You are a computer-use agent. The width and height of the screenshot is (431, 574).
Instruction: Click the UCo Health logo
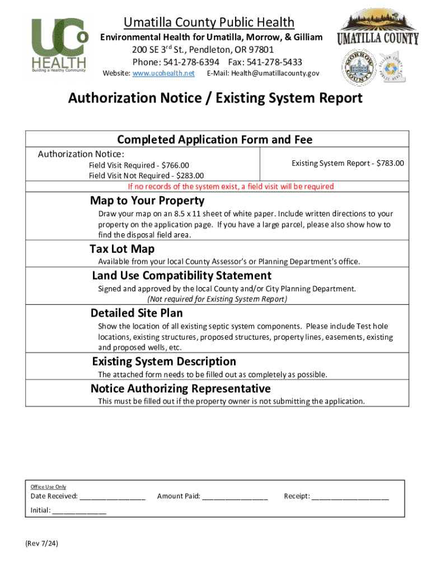pos(59,45)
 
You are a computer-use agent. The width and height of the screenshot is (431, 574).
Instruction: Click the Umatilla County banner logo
pos(378,31)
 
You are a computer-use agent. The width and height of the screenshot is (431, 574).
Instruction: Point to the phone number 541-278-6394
pos(191,62)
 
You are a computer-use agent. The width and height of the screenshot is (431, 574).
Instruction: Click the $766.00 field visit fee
pos(175,165)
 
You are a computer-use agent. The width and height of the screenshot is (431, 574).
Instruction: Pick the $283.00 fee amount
pos(190,176)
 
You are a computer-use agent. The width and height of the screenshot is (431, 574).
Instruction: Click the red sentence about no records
pos(231,187)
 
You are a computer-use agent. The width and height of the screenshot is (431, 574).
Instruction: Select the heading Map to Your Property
pos(147,201)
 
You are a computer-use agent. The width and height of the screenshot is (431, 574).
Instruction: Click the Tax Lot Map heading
pos(122,249)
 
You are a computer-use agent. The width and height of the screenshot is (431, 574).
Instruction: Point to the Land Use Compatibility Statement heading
pos(181,276)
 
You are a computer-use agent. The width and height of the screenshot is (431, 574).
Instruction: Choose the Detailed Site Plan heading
pos(137,313)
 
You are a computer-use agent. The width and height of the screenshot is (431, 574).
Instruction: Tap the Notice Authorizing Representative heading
pos(180,388)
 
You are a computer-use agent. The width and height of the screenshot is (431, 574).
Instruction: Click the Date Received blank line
pos(113,496)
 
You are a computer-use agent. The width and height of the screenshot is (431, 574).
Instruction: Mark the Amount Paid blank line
pos(235,496)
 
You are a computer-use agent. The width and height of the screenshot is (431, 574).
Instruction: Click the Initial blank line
pos(79,511)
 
